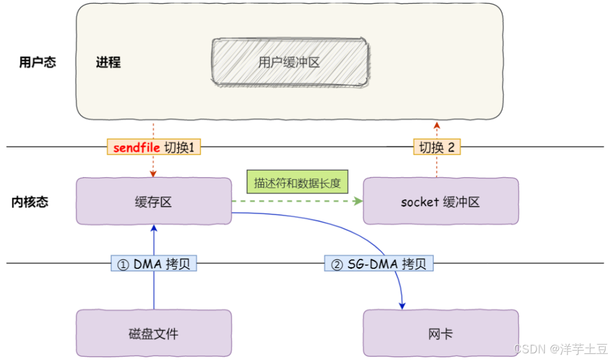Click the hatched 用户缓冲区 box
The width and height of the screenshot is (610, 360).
coord(290,62)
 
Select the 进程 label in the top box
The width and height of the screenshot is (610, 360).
coord(108,62)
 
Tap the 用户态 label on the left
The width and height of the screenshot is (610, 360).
coord(38,62)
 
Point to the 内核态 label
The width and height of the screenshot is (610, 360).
coord(30,202)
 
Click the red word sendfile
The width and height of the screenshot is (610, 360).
coord(136,147)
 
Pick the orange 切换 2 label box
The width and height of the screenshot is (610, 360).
coord(437,147)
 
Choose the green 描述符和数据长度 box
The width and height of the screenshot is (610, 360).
coord(297,182)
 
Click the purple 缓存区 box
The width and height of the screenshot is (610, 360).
coord(153,201)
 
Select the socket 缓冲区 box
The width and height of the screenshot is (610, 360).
coord(441,201)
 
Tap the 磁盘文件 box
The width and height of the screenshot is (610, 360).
coord(153,333)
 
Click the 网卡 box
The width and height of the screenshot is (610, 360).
coord(441,333)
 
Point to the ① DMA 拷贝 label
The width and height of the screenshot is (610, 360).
coord(153,263)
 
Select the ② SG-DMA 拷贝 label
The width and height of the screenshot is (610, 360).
coord(379,263)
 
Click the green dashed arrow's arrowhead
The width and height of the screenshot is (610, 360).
coord(358,201)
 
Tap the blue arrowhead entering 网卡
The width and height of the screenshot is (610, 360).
coord(402,306)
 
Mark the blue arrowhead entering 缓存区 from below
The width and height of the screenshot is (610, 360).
coord(154,229)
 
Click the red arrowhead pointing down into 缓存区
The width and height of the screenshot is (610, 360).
coord(153,173)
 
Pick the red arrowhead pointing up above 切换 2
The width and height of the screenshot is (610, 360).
coord(437,125)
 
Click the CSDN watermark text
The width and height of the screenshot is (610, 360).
coord(560,349)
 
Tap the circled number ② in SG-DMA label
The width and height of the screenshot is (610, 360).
coord(337,264)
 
